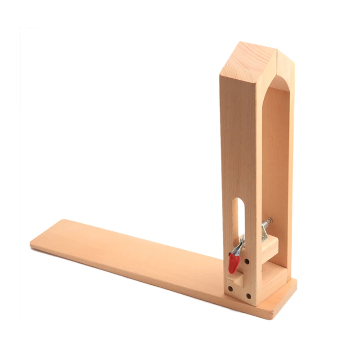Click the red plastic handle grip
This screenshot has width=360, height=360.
[233, 263]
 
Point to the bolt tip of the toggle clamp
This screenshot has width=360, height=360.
[269, 220]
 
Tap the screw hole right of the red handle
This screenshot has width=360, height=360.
[247, 261]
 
